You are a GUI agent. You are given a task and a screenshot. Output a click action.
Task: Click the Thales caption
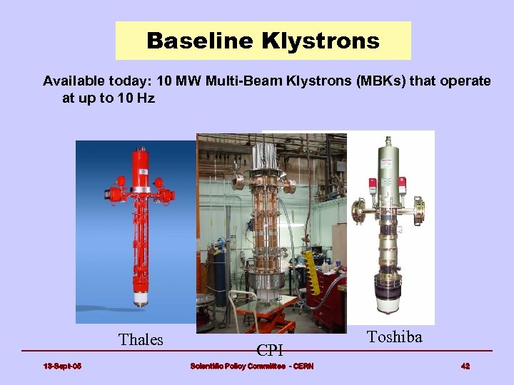141,339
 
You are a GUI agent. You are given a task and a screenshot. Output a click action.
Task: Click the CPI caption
270,350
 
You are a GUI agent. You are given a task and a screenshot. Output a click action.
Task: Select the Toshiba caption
394,337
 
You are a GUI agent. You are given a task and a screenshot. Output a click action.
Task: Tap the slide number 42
465,366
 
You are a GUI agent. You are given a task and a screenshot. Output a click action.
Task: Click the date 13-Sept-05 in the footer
62,366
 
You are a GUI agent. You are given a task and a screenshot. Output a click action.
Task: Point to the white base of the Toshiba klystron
394,303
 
